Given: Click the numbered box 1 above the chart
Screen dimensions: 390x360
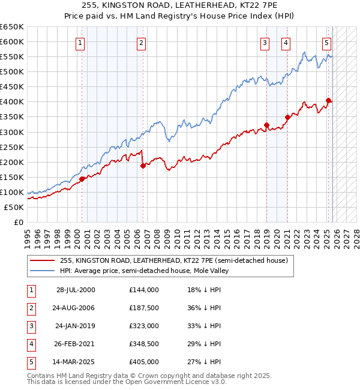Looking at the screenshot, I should [80, 43].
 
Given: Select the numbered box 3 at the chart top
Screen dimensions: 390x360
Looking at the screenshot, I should [265, 43].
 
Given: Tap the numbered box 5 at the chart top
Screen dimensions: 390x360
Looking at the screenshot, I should [327, 43].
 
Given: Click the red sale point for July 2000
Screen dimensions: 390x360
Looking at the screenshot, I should [82, 178].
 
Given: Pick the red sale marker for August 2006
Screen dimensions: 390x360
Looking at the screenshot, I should [143, 166].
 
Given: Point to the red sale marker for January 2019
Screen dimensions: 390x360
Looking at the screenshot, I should [266, 125].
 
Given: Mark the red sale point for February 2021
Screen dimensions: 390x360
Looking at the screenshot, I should [287, 117].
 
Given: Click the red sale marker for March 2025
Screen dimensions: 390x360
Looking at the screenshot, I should [328, 100].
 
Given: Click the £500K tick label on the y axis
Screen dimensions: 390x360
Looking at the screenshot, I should [12, 72].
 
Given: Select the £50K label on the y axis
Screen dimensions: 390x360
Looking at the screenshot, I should [14, 207].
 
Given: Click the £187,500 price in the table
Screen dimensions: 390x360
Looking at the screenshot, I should [144, 308].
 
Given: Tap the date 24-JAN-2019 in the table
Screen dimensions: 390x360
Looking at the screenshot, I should [75, 326].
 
